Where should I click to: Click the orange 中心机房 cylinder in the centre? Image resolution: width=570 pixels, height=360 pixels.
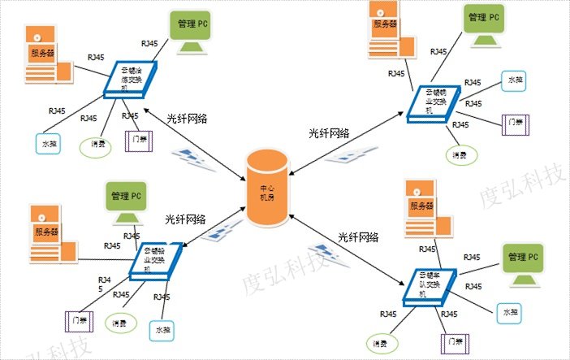268,187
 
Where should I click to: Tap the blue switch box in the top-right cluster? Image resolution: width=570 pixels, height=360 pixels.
430,102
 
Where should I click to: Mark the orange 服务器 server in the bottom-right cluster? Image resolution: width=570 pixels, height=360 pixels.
416,212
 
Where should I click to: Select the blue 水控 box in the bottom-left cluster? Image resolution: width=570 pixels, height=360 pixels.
161,331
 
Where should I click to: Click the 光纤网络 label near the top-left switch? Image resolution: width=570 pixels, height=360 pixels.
187,119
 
